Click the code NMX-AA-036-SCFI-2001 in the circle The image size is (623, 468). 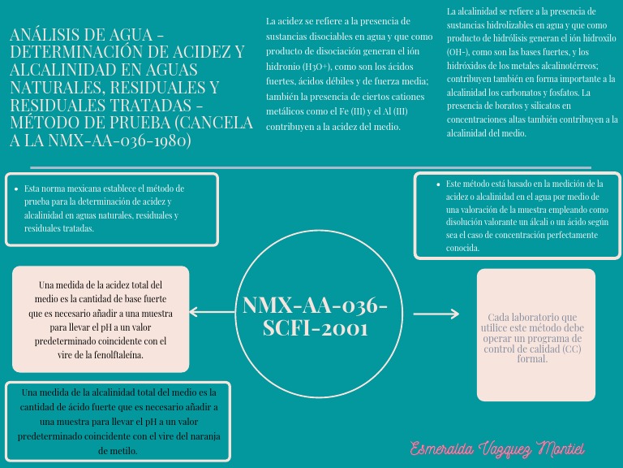[315, 316]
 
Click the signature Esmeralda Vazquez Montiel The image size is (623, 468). [497, 448]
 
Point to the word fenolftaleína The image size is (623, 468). [124, 355]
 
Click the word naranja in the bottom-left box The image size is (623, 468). [203, 436]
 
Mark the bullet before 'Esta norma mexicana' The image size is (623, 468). [17, 188]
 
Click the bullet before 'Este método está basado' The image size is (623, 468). [438, 184]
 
